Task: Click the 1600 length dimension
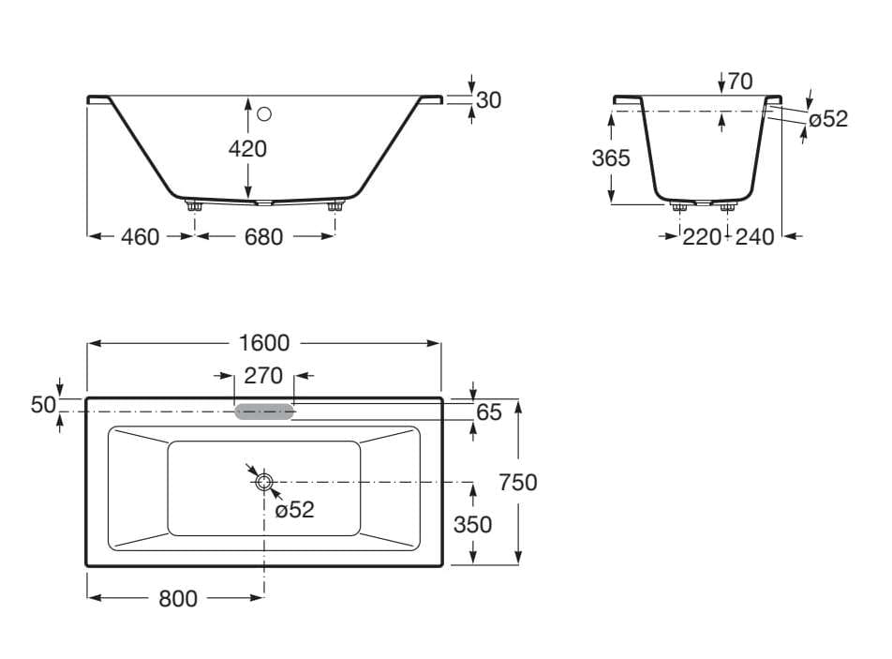(x=264, y=343)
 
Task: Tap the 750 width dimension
(x=517, y=483)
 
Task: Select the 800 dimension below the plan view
(x=178, y=599)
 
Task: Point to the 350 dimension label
(x=473, y=525)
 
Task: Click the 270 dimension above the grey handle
(x=263, y=376)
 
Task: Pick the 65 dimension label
(x=489, y=412)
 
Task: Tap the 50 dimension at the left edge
(x=43, y=405)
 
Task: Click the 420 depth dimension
(x=247, y=149)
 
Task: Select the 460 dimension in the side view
(x=140, y=237)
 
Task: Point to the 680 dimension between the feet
(x=263, y=237)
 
